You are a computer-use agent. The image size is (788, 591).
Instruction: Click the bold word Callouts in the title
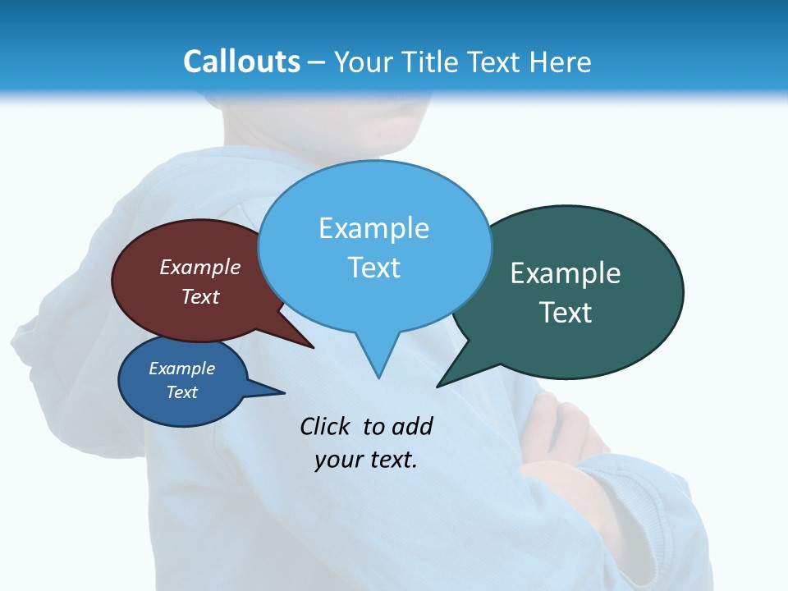(x=241, y=62)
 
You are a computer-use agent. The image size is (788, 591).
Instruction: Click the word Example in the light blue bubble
(x=373, y=228)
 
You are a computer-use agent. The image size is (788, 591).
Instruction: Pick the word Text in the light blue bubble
(x=373, y=268)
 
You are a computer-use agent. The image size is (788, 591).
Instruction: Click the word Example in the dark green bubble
(x=566, y=273)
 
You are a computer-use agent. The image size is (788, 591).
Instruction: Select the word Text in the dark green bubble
(x=566, y=313)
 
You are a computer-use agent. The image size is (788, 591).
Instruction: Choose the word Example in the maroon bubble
(x=199, y=267)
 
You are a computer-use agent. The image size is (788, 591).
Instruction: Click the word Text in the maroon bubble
(x=199, y=296)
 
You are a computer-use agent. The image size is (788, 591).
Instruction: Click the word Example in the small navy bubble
(x=181, y=369)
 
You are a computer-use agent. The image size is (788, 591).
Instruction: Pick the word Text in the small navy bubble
(x=181, y=392)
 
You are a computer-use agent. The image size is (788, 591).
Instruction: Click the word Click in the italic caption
(x=325, y=426)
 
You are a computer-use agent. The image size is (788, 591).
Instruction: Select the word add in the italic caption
(x=412, y=426)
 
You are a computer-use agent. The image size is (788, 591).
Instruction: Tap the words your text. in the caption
(x=365, y=460)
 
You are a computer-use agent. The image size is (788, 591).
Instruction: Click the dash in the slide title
(x=317, y=62)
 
